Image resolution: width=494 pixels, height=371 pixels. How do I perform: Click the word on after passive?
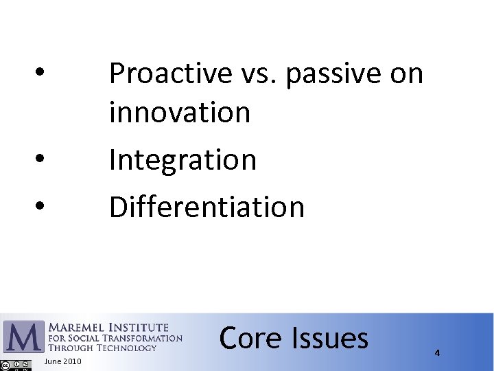point(407,74)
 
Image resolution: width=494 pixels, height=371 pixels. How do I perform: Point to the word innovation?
point(180,112)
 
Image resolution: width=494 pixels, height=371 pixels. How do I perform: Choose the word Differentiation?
point(207,207)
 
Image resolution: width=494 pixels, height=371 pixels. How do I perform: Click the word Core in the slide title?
point(250,338)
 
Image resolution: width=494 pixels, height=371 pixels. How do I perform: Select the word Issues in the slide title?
point(330,338)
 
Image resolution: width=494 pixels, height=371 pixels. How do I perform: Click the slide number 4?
point(437,352)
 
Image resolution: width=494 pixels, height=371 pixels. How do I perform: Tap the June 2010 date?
point(62,361)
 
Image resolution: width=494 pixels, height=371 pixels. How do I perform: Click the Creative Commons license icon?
point(16,365)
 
